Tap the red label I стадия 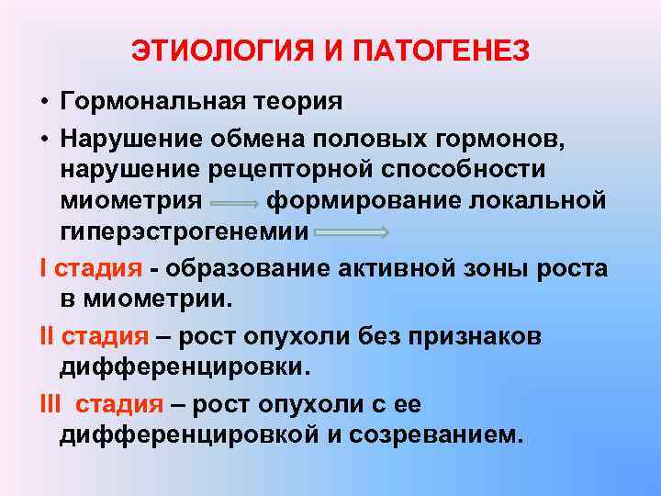(91, 268)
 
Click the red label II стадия (95, 336)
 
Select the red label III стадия (101, 402)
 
